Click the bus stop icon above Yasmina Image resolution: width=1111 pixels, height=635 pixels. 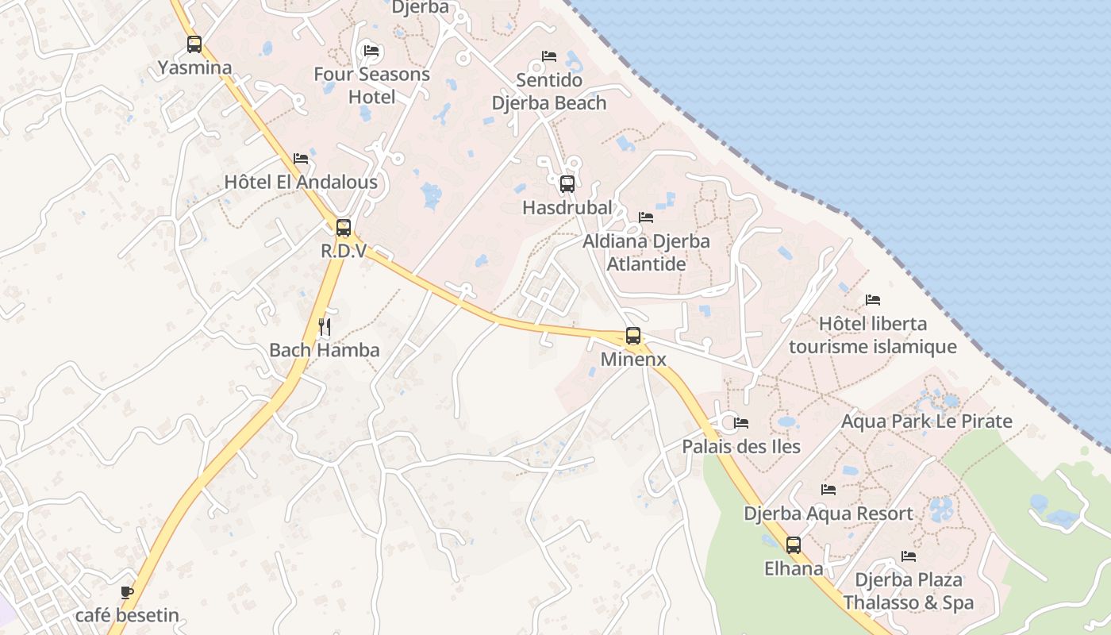[x=194, y=44]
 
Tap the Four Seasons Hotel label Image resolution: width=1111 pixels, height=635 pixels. [x=371, y=85]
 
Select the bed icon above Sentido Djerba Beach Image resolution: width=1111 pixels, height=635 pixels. [x=549, y=56]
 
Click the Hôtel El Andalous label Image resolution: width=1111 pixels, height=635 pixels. [x=301, y=183]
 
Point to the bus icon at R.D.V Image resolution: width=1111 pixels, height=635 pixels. [x=344, y=228]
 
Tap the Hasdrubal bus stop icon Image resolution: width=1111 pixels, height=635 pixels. [x=567, y=184]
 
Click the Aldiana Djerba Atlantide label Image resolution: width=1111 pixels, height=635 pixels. [x=646, y=252]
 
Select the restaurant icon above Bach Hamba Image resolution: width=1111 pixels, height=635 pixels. [x=324, y=326]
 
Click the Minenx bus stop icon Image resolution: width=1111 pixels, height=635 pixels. [x=633, y=336]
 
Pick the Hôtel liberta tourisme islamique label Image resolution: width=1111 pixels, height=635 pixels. [x=872, y=335]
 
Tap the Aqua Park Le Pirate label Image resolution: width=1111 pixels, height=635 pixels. [x=926, y=421]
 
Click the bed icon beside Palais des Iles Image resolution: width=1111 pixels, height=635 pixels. [x=741, y=423]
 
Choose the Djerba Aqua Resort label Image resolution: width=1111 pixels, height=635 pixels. [x=828, y=514]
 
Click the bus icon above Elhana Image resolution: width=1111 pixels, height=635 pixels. [x=794, y=545]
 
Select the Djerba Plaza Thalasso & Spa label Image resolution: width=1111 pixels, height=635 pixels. [x=908, y=591]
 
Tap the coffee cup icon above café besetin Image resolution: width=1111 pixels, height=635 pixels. [x=127, y=592]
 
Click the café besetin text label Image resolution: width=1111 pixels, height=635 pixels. [x=127, y=615]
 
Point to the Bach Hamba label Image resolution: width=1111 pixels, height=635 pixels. [x=324, y=350]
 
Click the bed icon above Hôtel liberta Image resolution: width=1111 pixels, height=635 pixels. [x=873, y=300]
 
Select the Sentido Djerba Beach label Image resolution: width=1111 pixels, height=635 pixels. [x=549, y=91]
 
